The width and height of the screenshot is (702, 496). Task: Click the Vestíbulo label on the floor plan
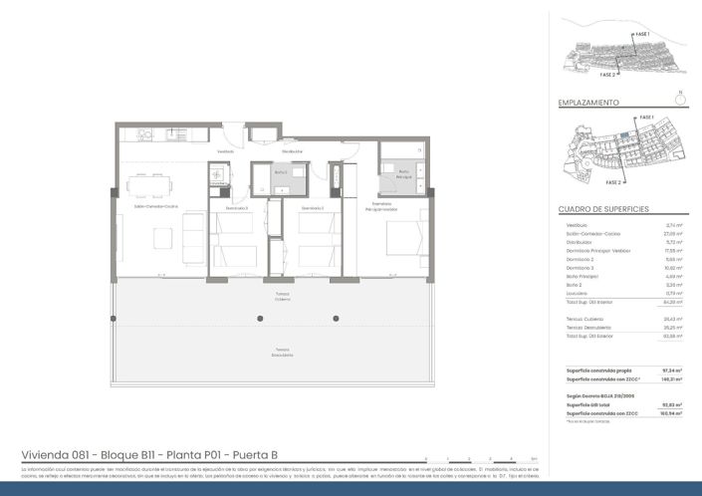(225, 151)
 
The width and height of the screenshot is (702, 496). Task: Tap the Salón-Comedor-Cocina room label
(156, 207)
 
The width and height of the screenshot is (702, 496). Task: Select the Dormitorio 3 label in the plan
(236, 208)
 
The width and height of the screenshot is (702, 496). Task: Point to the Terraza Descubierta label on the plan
(284, 352)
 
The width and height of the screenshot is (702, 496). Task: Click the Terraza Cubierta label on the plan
(284, 297)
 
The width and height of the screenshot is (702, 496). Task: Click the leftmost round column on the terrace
(260, 319)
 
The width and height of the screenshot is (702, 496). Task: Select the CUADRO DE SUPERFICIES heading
(603, 209)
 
